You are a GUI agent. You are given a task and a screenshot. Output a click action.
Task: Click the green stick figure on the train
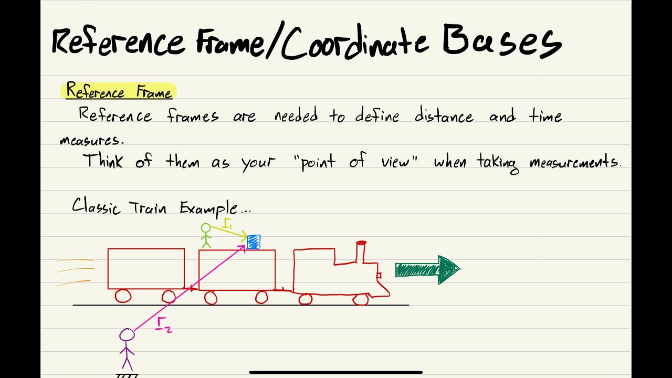pos(206,236)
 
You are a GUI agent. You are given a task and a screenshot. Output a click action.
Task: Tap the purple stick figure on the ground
pos(127,349)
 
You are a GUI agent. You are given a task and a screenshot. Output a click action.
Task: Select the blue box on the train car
pos(254,241)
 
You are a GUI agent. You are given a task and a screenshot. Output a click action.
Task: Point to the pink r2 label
pos(164,325)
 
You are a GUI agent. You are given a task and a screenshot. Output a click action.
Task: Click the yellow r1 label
pos(227,224)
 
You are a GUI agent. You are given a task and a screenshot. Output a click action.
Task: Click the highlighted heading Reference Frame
pos(119,91)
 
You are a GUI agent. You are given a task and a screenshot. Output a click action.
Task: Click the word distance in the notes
pos(444,115)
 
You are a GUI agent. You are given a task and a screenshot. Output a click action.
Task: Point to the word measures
pos(91,141)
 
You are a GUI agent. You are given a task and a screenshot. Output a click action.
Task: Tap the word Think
pos(103,161)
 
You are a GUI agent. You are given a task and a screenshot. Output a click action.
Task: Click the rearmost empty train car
pos(146,269)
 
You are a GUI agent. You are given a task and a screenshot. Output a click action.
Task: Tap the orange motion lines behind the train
pos(75,272)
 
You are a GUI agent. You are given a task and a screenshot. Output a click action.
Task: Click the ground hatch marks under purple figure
pos(127,375)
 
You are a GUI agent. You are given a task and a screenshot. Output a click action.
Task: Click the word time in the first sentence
pos(545,115)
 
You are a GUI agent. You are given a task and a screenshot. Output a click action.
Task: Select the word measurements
pos(573,162)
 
